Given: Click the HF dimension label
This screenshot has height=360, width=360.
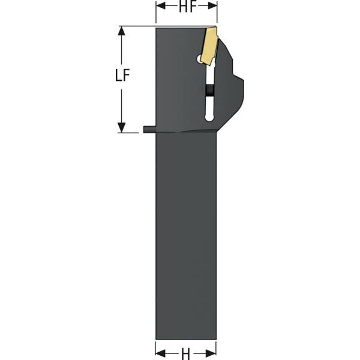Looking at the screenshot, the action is point(186,7).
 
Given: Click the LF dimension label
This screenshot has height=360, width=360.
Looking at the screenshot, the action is point(122,75).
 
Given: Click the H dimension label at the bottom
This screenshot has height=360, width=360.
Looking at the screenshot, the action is point(185,354).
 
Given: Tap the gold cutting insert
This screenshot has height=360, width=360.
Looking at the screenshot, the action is point(208,46).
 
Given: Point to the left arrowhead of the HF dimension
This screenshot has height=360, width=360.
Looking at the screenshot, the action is point(161,6).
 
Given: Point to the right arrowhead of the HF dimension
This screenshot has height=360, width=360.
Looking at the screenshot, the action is point(212,6).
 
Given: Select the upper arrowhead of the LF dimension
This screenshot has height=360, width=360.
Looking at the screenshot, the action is point(121,31).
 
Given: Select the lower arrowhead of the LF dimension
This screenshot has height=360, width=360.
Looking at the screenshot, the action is point(121,128).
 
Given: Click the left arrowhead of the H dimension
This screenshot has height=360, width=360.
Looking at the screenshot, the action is point(160,353).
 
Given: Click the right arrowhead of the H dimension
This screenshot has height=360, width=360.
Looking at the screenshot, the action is point(211,353).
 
